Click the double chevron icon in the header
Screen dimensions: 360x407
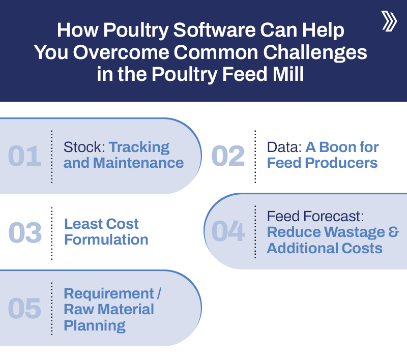[389, 21]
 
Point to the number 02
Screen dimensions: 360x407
[228, 156]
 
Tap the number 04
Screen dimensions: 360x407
[228, 231]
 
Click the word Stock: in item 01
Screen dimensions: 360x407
[84, 147]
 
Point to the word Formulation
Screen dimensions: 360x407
[106, 239]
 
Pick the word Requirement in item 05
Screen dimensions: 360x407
[108, 294]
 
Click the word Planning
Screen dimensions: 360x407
[95, 325]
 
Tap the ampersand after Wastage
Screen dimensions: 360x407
[394, 232]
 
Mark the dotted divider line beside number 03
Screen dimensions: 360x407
[52, 233]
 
